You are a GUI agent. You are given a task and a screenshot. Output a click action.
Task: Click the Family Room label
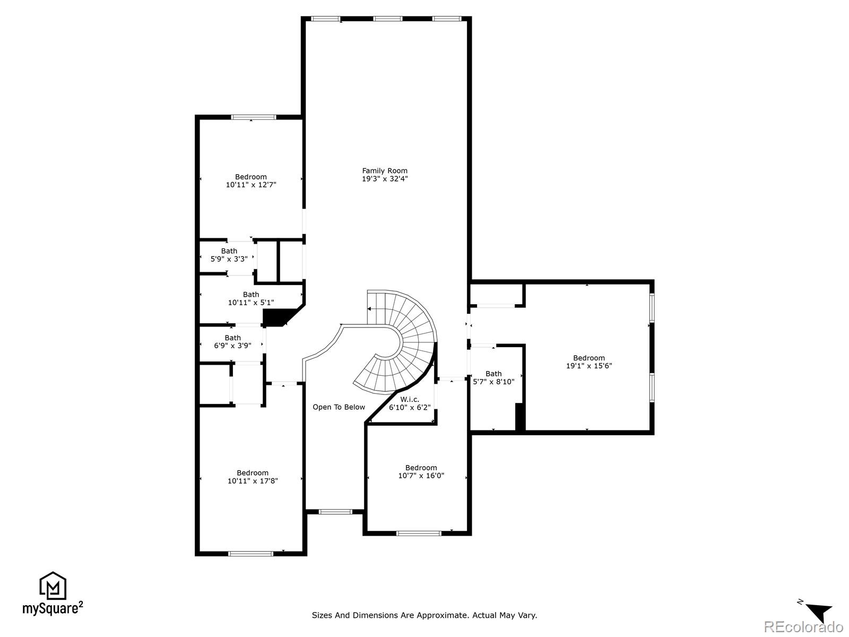(x=385, y=171)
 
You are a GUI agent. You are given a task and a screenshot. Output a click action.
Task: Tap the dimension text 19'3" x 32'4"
(x=385, y=179)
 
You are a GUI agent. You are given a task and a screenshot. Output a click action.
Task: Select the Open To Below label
(x=339, y=407)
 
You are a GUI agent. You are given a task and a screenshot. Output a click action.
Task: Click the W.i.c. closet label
(x=409, y=399)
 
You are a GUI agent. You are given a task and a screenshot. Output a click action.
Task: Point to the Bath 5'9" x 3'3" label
(x=229, y=255)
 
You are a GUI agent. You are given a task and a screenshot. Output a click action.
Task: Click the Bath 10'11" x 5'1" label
(x=251, y=298)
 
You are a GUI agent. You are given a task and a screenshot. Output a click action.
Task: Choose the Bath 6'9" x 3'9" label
(x=232, y=341)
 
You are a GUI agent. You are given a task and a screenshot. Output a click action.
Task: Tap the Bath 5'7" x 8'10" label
(x=493, y=377)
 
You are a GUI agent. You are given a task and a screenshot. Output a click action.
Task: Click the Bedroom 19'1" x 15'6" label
(x=588, y=361)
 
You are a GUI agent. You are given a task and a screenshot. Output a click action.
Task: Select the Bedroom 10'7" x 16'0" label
(x=421, y=471)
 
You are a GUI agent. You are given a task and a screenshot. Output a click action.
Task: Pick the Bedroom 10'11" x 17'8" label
(x=253, y=477)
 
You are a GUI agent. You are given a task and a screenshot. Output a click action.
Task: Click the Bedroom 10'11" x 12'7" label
(x=251, y=180)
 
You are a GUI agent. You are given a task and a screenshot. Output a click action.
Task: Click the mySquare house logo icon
(x=53, y=586)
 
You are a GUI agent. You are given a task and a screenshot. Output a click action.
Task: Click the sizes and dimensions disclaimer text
(x=424, y=615)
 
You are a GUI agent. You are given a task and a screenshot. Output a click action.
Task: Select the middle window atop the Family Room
(x=387, y=19)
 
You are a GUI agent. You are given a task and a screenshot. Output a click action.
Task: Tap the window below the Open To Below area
(x=335, y=512)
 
